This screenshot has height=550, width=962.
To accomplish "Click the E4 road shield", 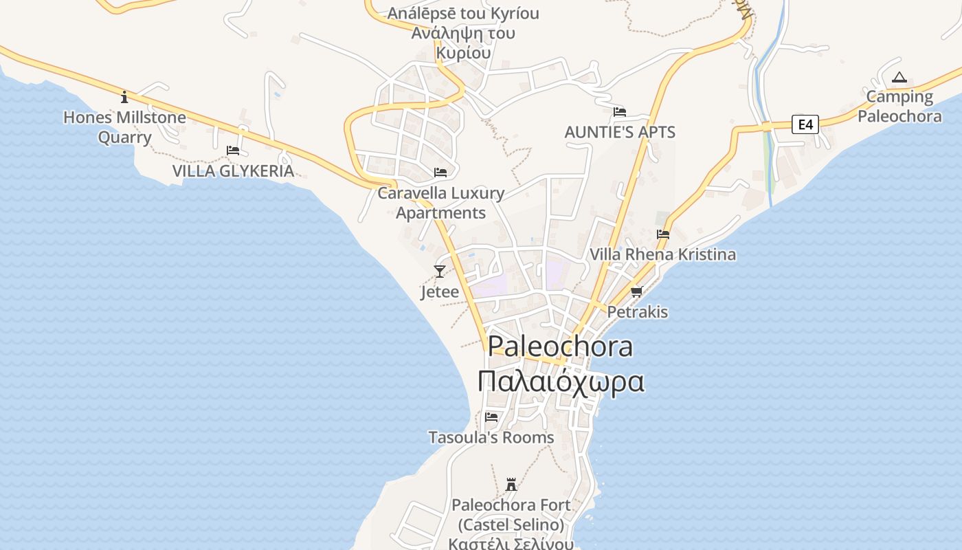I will click(x=805, y=124).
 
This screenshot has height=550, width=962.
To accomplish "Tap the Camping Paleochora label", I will click(x=899, y=106).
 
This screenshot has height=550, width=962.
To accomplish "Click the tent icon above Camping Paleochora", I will click(x=899, y=78).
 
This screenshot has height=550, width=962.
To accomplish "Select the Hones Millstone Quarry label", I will click(x=124, y=127).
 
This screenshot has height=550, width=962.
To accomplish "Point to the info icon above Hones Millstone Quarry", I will click(x=124, y=97).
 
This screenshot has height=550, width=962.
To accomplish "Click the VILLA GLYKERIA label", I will click(x=233, y=171).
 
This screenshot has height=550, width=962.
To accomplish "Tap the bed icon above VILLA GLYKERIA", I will click(x=233, y=151).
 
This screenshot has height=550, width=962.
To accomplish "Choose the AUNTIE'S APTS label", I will click(x=620, y=132).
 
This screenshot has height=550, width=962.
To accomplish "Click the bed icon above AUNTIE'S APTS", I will click(x=620, y=112).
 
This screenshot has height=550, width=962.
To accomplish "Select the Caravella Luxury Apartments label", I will click(x=440, y=203).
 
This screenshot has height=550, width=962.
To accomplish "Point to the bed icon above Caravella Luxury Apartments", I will click(x=440, y=173).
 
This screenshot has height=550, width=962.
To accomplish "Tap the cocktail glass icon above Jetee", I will click(x=440, y=272).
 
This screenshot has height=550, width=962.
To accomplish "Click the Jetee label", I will click(x=440, y=292).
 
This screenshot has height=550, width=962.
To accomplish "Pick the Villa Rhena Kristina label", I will click(x=662, y=254).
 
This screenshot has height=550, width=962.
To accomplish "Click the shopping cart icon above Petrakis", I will click(x=637, y=292).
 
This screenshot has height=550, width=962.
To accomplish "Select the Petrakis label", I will click(x=638, y=312).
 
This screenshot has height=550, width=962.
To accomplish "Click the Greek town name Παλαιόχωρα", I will click(x=561, y=382).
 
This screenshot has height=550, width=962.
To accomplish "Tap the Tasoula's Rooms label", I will click(x=491, y=437).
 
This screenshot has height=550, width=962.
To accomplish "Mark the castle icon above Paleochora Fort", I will click(x=511, y=485).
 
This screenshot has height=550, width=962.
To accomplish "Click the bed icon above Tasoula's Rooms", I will click(x=491, y=417).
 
